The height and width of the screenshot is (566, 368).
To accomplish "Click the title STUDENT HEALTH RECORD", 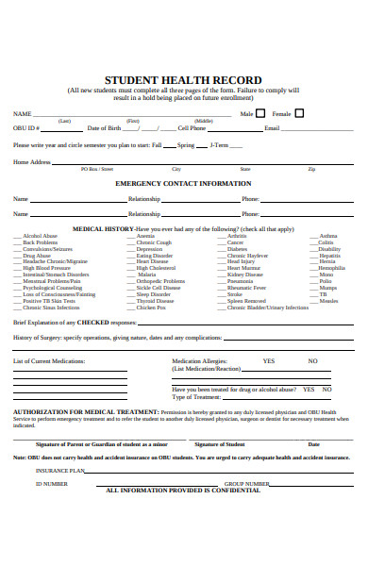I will pos(183,80).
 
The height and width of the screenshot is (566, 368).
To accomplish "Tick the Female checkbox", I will pos(300,113).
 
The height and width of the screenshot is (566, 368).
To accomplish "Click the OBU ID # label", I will pos(26,127).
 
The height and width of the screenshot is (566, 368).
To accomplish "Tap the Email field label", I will pos(272,127).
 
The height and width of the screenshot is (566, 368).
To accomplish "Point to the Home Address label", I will pos(31,162).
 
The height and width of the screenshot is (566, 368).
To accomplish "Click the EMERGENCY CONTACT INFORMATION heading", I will pos(183,183).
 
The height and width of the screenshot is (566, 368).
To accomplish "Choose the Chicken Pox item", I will pos(151,308).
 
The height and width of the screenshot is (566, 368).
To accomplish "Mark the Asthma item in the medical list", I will pos(327,236).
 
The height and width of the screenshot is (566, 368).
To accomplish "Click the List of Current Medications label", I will pos(49,361).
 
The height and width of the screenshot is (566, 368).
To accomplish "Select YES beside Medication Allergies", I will pos(269,361).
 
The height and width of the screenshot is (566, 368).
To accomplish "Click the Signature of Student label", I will pos(219,443).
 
